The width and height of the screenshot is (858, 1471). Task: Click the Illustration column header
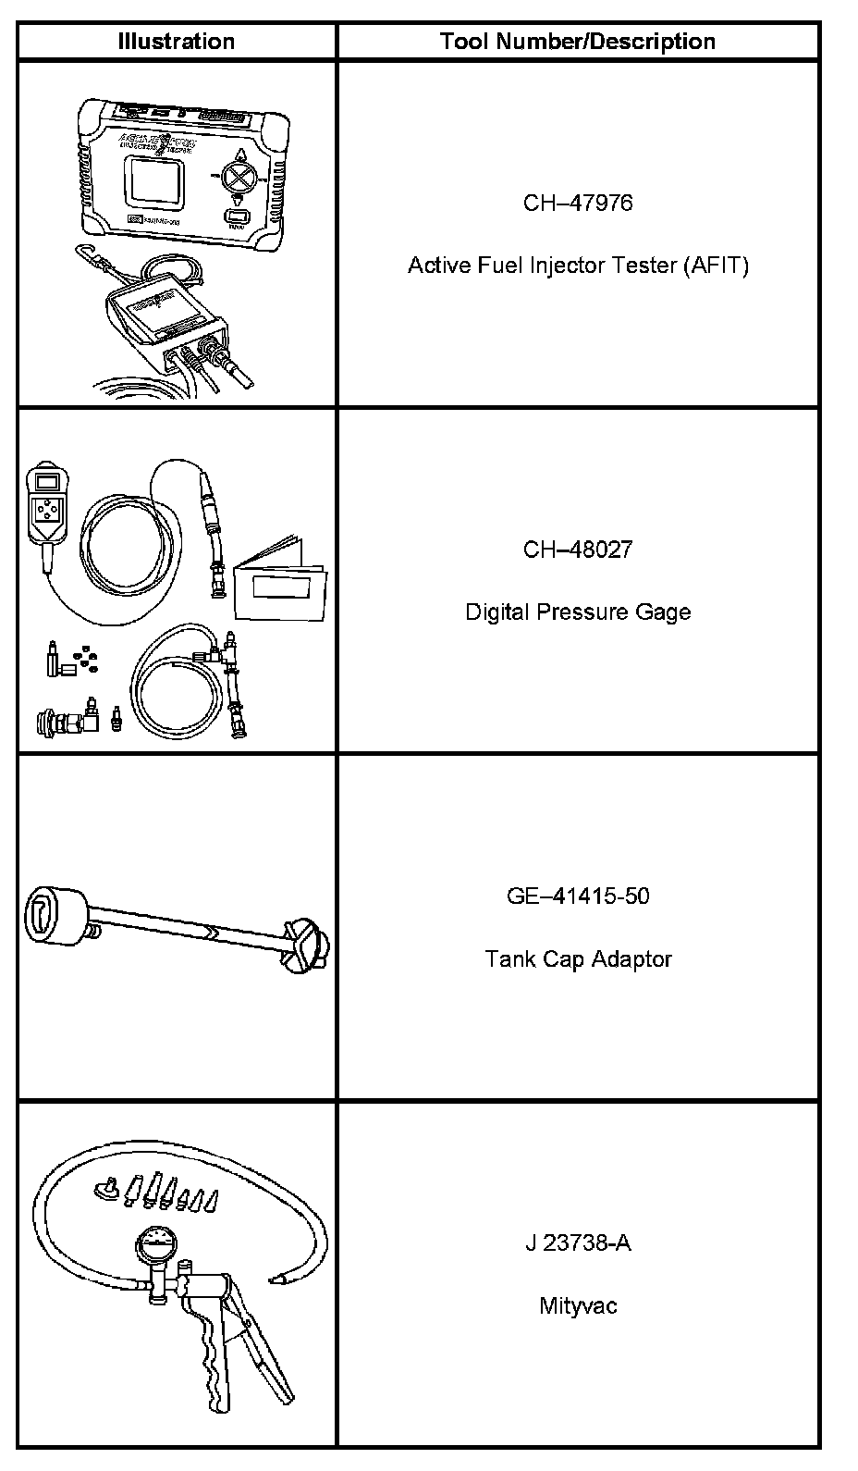pyautogui.click(x=176, y=42)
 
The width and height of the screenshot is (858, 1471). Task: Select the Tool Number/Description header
pyautogui.click(x=578, y=42)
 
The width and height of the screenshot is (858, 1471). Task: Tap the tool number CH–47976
pyautogui.click(x=578, y=203)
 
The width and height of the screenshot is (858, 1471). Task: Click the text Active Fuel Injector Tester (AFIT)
pyautogui.click(x=578, y=266)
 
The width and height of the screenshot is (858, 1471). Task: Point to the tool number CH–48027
pyautogui.click(x=578, y=550)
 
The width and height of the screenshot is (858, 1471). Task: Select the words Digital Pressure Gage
pyautogui.click(x=578, y=612)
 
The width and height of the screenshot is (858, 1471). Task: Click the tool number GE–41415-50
pyautogui.click(x=578, y=896)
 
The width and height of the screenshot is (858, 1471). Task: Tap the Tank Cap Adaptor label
pyautogui.click(x=578, y=958)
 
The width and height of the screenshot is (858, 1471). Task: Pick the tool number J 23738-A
pyautogui.click(x=578, y=1242)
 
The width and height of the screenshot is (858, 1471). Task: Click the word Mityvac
pyautogui.click(x=578, y=1305)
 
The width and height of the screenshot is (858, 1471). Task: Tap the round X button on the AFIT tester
pyautogui.click(x=240, y=176)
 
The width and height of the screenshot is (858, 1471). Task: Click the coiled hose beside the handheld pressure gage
pyautogui.click(x=129, y=546)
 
